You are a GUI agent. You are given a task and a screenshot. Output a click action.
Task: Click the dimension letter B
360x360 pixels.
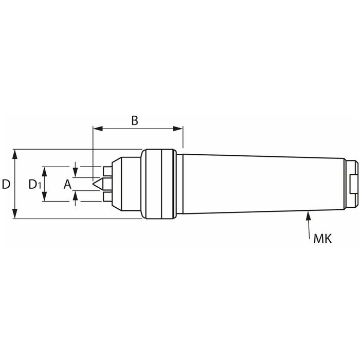(135, 120)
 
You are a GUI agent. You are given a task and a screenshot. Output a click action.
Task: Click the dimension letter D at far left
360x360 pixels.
(6, 184)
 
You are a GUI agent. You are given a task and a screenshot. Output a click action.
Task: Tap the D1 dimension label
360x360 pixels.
(34, 184)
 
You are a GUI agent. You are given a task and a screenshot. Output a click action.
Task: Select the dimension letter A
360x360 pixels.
(67, 184)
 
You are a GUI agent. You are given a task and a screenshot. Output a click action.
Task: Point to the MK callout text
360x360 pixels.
(322, 239)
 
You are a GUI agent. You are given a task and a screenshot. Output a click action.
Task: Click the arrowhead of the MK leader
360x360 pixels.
(308, 216)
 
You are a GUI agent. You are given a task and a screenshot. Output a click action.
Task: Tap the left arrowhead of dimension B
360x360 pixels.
(98, 129)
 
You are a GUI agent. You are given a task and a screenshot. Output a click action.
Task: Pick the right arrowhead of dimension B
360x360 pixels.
(178, 129)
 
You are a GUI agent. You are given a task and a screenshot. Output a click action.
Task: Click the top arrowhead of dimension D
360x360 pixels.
(15, 154)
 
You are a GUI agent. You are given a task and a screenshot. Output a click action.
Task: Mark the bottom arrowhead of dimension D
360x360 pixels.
(15, 214)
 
